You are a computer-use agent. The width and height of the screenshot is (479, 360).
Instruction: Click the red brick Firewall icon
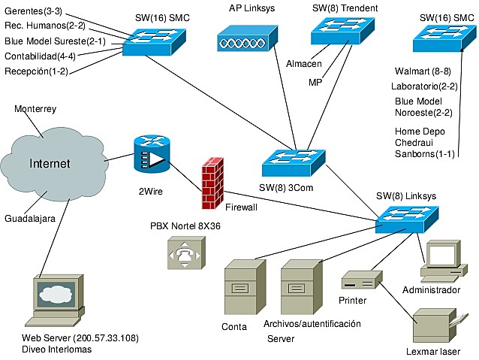pyautogui.click(x=213, y=183)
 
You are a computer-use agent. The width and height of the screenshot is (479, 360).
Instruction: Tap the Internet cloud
pyautogui.click(x=50, y=163)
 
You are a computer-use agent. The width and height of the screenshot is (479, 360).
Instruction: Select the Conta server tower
pyautogui.click(x=245, y=286)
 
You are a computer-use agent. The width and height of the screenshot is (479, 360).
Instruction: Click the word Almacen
pyautogui.click(x=304, y=64)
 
